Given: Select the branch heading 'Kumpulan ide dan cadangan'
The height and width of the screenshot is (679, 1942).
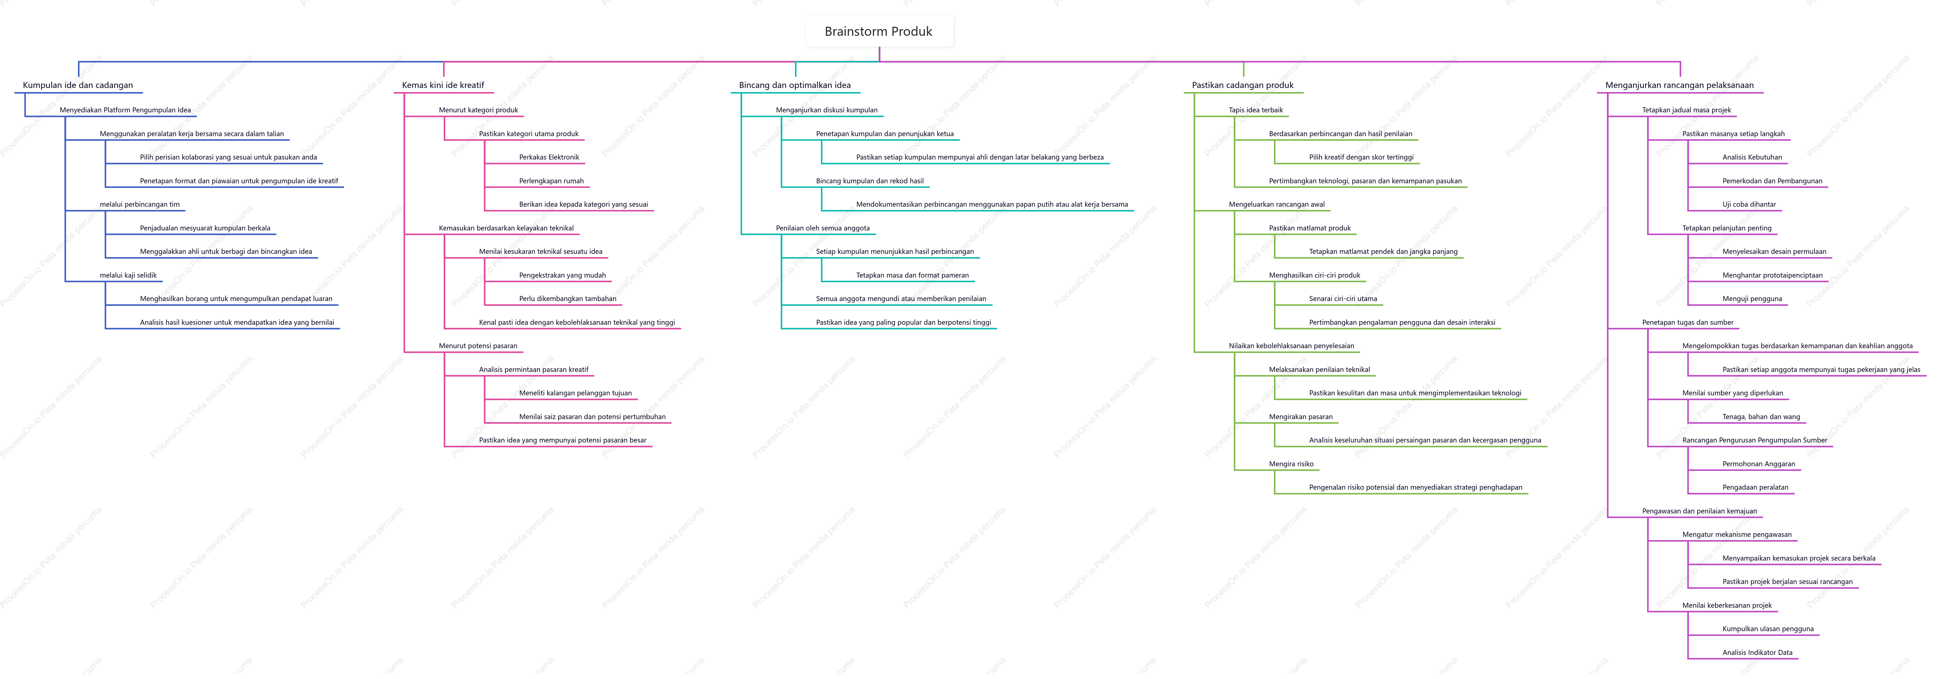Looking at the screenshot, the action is (78, 85).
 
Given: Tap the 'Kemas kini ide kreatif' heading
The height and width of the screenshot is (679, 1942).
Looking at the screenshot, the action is (443, 85).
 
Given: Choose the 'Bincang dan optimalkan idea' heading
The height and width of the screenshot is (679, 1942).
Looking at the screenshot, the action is (795, 85).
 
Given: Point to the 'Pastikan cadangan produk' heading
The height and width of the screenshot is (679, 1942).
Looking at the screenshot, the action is (1242, 85).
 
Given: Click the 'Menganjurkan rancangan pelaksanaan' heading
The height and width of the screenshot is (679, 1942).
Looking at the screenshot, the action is (1680, 85).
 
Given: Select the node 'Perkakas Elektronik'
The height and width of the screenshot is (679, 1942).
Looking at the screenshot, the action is (549, 158).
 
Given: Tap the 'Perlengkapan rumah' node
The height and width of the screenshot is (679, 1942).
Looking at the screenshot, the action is (551, 181).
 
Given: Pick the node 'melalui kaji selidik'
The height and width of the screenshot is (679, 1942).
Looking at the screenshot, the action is (128, 275).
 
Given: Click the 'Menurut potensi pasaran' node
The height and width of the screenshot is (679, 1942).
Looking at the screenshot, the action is (478, 346).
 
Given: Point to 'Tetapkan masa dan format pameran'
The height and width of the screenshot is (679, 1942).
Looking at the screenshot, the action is (912, 275).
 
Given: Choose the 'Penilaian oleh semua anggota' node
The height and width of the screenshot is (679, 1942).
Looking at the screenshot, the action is (822, 228).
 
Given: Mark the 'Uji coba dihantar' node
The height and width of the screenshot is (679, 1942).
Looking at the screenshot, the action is (1749, 204).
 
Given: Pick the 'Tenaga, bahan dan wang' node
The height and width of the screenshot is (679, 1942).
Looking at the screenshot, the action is (1761, 417).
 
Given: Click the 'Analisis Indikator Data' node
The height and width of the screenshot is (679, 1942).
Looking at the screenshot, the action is (1757, 653).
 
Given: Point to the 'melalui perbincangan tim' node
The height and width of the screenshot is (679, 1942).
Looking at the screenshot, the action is (140, 204).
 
